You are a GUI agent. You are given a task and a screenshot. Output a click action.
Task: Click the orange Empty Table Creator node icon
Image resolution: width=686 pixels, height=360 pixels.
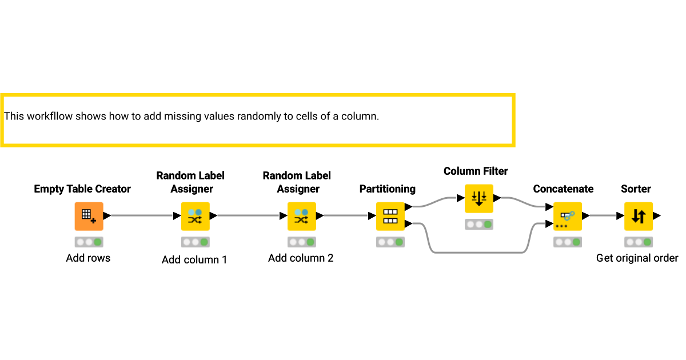tap(89, 216)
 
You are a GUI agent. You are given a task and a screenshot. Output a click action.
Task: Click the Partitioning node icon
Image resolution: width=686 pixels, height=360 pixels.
tap(390, 216)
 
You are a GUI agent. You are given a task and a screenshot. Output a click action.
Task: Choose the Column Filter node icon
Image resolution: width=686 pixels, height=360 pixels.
tap(479, 198)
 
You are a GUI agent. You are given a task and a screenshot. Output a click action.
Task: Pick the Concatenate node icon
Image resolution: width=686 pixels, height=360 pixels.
tap(568, 216)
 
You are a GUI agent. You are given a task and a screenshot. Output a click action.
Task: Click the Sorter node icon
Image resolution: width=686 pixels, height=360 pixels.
tap(639, 216)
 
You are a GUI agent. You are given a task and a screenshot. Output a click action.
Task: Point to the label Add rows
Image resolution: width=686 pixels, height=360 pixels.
tap(88, 258)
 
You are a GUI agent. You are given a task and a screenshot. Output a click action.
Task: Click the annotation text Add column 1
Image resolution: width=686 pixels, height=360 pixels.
tap(194, 260)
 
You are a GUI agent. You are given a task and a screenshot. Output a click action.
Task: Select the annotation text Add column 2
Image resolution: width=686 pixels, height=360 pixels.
tap(301, 258)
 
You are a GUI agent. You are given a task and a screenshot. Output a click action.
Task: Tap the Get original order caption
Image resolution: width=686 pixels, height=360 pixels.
tap(637, 258)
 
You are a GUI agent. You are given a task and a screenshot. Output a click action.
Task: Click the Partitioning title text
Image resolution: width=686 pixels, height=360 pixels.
tap(387, 189)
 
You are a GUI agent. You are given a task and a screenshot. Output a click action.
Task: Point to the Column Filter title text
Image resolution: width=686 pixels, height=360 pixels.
tap(476, 171)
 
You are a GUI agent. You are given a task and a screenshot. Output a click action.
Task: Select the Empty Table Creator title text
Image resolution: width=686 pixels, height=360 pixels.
tap(82, 189)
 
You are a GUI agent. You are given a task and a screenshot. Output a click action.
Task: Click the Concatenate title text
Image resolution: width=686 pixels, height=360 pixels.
tap(563, 189)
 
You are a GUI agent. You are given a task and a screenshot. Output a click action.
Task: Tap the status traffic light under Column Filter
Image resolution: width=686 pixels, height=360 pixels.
tap(479, 224)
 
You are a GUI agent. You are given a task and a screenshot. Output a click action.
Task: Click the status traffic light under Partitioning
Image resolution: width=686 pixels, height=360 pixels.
tap(390, 242)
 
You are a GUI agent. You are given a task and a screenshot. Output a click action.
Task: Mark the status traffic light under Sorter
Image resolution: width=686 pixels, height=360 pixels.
tap(639, 242)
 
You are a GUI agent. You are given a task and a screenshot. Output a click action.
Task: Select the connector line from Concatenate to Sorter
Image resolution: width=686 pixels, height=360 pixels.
tap(602, 216)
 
